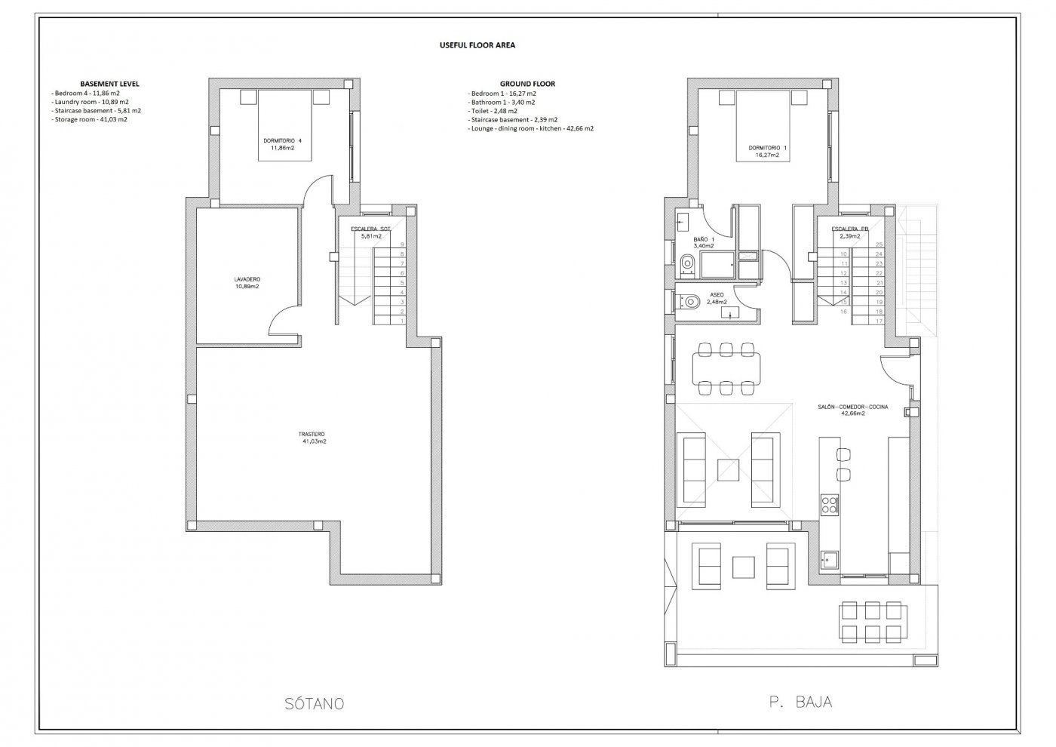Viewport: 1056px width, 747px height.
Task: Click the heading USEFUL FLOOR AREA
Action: [477, 45]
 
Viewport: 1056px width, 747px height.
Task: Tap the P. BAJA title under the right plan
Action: [800, 702]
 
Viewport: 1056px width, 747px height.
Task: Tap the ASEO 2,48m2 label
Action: [717, 299]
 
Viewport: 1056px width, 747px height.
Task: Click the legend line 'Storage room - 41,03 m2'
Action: [90, 119]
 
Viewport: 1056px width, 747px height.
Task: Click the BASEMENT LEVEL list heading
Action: [109, 84]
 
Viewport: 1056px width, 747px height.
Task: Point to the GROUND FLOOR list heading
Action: [527, 84]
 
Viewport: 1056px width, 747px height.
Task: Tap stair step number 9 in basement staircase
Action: [403, 244]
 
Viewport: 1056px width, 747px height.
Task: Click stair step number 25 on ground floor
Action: [879, 244]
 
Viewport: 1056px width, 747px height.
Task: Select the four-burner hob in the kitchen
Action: [829, 503]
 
